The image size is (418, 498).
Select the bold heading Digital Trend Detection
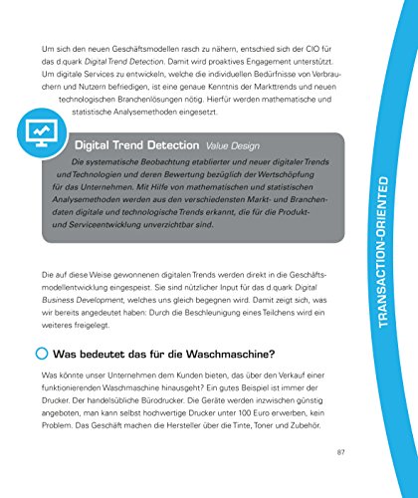coord(134,144)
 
